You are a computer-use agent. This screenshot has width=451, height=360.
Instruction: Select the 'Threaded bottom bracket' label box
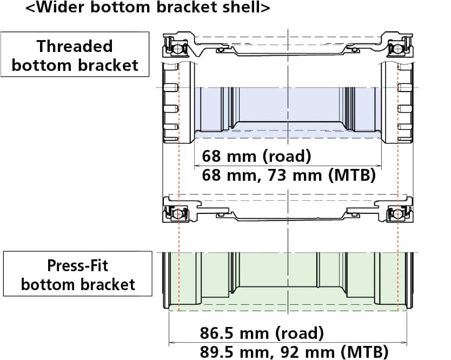(x=75, y=55)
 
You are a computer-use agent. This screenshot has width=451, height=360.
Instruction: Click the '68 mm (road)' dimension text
(x=256, y=156)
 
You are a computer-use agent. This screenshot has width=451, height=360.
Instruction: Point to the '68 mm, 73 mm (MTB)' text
(x=288, y=175)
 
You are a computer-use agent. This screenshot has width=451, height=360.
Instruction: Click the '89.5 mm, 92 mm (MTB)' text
(x=294, y=351)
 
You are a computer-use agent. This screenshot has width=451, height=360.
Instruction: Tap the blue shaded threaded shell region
(x=287, y=108)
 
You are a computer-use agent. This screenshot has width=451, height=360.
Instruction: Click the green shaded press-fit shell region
(x=287, y=282)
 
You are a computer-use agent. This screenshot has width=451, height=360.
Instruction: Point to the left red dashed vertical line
(x=178, y=162)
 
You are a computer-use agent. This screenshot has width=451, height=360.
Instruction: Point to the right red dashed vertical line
(x=397, y=162)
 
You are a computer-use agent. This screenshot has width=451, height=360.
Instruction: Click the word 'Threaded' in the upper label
(x=75, y=46)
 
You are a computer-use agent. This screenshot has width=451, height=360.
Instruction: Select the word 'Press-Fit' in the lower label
(x=77, y=266)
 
